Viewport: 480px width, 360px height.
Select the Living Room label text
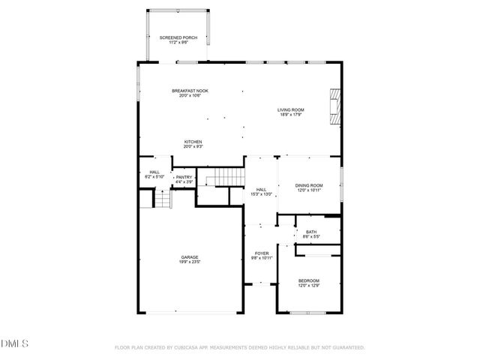(x=290, y=110)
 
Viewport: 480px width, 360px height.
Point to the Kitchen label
(x=193, y=142)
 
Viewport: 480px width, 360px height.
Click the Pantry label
(x=184, y=177)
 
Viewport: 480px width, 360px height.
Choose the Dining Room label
(x=308, y=185)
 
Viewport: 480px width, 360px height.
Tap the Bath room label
(x=311, y=232)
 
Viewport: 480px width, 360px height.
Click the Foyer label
(x=262, y=253)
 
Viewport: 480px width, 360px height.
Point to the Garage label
(x=189, y=257)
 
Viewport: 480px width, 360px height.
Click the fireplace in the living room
(x=334, y=106)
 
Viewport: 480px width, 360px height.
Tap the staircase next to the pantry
(x=227, y=177)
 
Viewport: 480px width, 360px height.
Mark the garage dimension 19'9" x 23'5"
(x=189, y=262)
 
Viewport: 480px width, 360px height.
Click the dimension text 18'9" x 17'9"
(x=290, y=115)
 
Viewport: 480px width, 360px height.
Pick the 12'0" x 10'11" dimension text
(x=308, y=190)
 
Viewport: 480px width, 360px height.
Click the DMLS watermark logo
(x=15, y=343)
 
